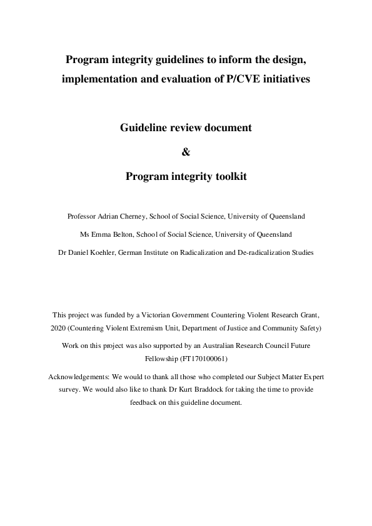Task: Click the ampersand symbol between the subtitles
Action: pos(185,152)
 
